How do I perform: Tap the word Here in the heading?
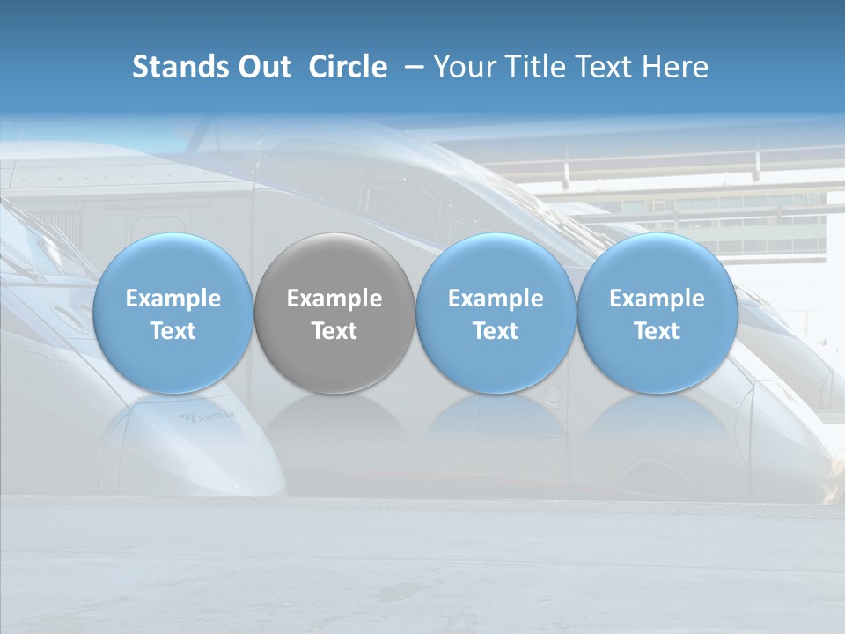click(673, 67)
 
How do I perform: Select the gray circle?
click(334, 313)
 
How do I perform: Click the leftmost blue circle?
click(173, 313)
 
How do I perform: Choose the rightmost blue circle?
click(658, 313)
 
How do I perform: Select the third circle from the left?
click(496, 313)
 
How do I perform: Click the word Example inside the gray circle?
click(334, 299)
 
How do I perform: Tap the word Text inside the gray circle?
click(334, 331)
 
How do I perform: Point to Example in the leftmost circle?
click(173, 299)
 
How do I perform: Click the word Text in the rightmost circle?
click(658, 331)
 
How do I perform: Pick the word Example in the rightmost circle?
click(658, 299)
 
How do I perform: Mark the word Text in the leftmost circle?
click(173, 331)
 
